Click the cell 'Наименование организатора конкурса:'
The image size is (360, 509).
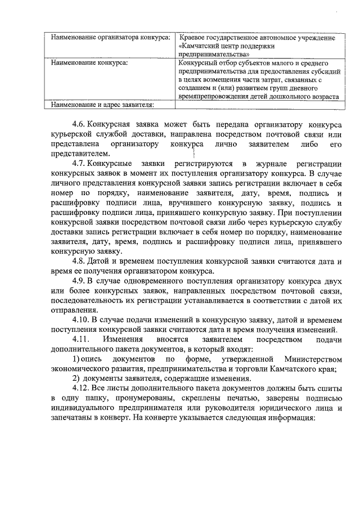[x=110, y=38]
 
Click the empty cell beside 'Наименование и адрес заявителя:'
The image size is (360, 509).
[x=259, y=104]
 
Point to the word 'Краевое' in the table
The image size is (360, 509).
[x=192, y=38]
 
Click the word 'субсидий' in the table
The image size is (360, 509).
[x=323, y=73]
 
